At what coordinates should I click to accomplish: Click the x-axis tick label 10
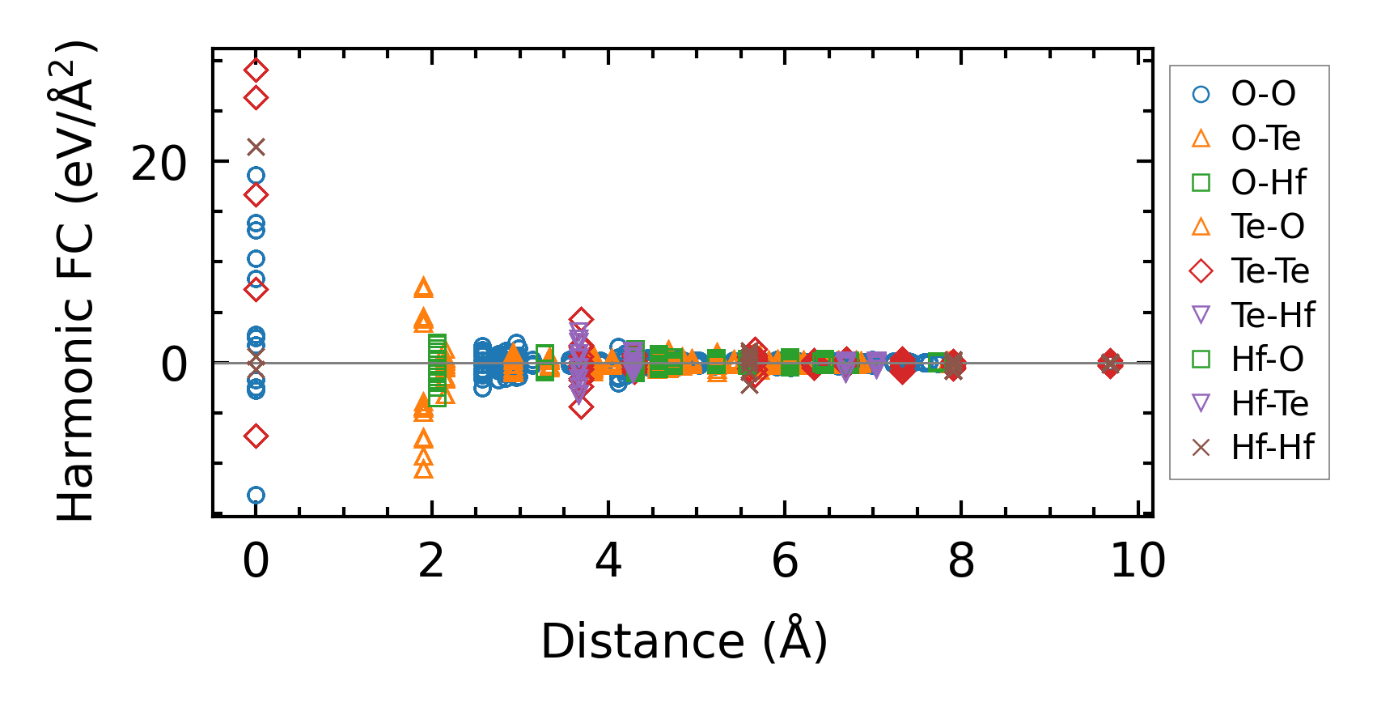coord(1138,560)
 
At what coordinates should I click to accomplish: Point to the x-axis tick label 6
coord(785,560)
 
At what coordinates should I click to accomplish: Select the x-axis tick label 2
coord(431,560)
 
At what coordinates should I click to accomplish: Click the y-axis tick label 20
coord(159,164)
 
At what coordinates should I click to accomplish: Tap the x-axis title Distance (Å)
coord(684,642)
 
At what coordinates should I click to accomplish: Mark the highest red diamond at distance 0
coord(256,70)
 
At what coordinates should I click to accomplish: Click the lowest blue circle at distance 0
coord(256,495)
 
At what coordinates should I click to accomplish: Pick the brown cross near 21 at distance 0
coord(256,147)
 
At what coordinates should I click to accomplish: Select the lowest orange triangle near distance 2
coord(423,470)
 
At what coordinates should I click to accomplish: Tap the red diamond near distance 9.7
coord(1110,364)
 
